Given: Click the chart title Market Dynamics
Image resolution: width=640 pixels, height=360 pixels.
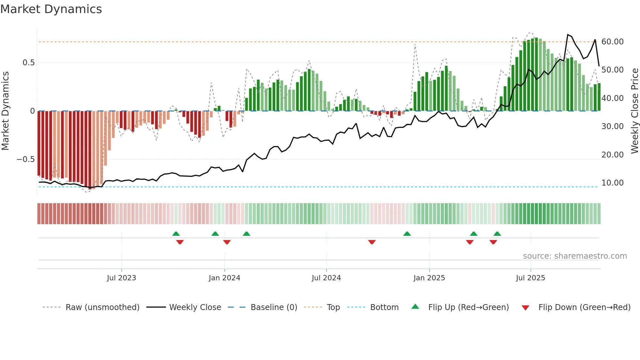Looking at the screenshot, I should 51,9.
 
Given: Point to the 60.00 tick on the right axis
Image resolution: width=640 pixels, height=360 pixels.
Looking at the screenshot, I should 612,42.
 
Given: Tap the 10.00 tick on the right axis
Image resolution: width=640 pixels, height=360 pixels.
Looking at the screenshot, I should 612,183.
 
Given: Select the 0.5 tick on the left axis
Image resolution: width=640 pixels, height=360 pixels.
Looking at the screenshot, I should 28,63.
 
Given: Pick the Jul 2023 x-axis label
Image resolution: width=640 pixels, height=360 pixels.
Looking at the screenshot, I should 121,278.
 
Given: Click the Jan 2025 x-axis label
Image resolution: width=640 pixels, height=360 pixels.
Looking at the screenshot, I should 429,278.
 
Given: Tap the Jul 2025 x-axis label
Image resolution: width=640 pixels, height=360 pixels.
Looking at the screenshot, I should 530,278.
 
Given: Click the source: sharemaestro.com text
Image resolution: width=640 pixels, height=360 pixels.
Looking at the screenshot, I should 575,256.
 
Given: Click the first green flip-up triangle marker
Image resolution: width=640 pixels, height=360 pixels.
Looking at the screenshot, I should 176,234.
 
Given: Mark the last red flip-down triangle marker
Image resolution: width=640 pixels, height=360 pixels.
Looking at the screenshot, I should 493,242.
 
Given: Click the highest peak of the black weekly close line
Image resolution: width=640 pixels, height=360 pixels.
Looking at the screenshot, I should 568,35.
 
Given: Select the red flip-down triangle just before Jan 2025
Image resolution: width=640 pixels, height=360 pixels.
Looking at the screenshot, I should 372,242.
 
